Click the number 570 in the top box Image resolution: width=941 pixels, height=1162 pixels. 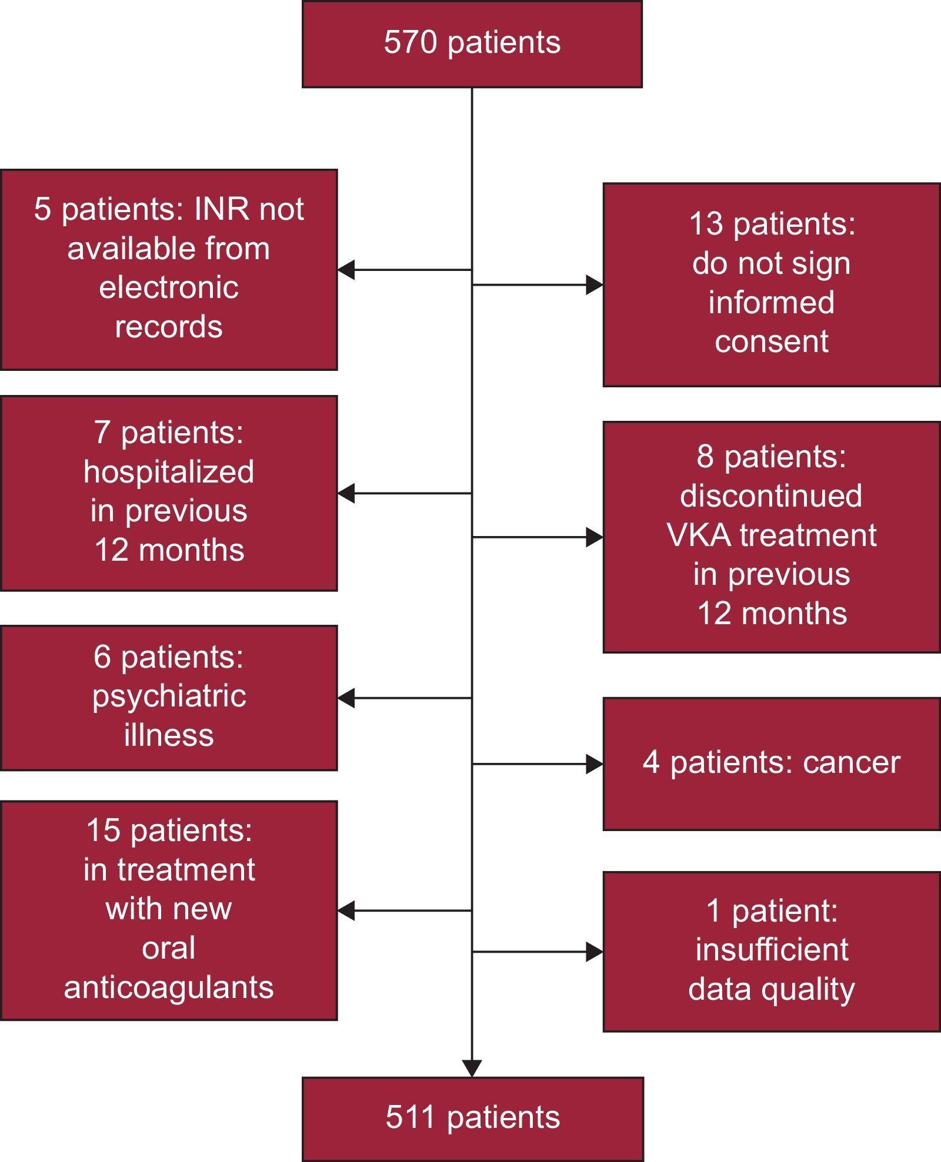click(x=410, y=42)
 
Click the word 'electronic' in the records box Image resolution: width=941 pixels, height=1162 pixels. click(x=169, y=287)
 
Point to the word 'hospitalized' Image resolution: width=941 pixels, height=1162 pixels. click(x=169, y=472)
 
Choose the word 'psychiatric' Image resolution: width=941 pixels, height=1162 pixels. click(x=169, y=696)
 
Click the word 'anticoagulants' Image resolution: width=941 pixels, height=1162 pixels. click(x=169, y=987)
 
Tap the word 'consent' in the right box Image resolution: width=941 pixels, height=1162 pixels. click(x=771, y=341)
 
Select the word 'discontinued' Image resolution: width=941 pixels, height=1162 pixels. click(x=771, y=495)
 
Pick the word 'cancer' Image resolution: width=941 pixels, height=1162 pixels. click(x=851, y=762)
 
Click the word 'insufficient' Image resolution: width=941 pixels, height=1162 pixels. click(x=771, y=949)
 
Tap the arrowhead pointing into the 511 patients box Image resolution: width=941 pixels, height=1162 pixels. click(x=472, y=1068)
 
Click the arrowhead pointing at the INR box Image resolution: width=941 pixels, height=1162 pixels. click(x=346, y=270)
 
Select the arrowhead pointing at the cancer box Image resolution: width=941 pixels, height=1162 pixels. click(x=595, y=764)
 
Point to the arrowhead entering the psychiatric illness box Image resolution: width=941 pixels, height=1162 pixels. click(x=346, y=698)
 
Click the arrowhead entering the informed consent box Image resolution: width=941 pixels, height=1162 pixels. click(x=595, y=285)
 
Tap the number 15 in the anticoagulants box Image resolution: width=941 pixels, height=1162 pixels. click(x=104, y=831)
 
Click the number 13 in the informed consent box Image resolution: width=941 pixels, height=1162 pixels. click(x=706, y=224)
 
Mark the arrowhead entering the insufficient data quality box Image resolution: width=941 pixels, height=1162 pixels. click(x=595, y=952)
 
